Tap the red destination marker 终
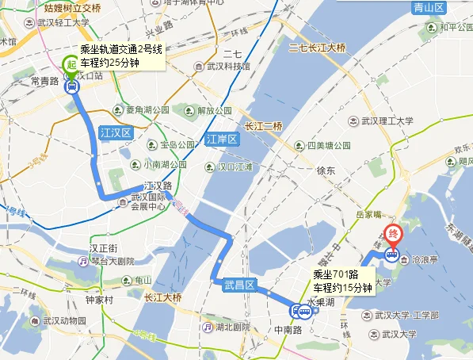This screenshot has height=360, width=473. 392,235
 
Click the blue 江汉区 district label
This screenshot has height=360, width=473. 116,132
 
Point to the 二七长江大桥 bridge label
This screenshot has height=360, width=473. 318,48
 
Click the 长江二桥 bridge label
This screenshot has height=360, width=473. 263,126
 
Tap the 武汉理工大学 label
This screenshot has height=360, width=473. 387,121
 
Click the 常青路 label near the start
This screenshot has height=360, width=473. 44,82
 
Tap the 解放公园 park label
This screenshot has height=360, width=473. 212,110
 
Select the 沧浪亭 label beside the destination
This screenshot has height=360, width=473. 425,259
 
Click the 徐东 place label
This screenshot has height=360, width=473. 325,171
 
